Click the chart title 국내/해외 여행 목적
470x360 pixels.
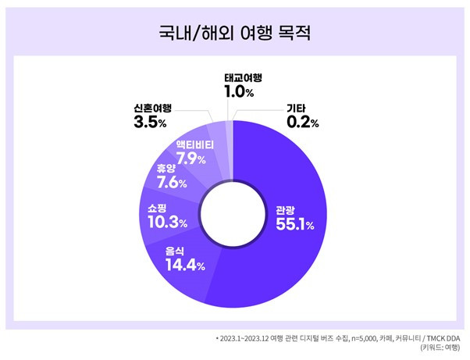click(x=234, y=34)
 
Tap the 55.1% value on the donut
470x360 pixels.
click(x=294, y=225)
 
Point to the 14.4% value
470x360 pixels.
click(x=184, y=266)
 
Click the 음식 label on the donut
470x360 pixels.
click(x=176, y=251)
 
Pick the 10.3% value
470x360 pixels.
click(x=167, y=223)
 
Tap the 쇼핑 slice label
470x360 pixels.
click(x=158, y=208)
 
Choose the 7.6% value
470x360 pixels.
click(x=170, y=184)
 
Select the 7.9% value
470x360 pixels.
click(x=190, y=159)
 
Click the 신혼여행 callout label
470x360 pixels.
click(x=152, y=108)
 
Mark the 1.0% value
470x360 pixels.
click(x=239, y=93)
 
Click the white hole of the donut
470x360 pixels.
click(x=235, y=212)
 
